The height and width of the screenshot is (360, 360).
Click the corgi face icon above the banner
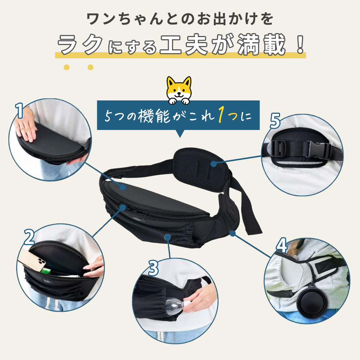[179, 90]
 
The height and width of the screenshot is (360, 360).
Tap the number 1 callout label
[19, 111]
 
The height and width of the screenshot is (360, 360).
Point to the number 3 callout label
[153, 268]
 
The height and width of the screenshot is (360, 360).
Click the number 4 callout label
[282, 245]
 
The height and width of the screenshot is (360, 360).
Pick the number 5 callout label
[275, 121]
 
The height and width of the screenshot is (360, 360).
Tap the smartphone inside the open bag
[32, 260]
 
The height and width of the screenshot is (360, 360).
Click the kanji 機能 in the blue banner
[154, 116]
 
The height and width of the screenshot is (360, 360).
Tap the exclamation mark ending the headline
[300, 45]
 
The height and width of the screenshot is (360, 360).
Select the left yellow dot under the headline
[67, 67]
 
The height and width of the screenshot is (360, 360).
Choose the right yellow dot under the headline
[90, 67]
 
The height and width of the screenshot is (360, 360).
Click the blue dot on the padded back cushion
[214, 164]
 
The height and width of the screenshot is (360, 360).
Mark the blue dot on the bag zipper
[123, 208]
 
